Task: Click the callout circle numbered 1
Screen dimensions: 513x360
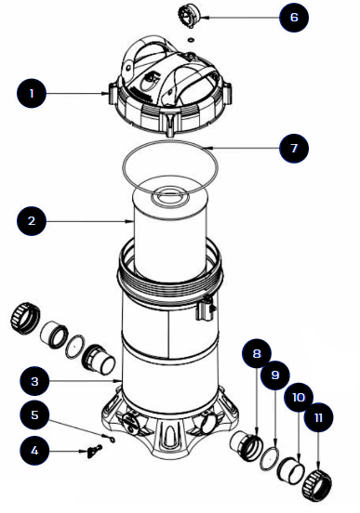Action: [x=33, y=93]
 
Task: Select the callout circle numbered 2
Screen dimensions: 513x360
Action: [x=33, y=221]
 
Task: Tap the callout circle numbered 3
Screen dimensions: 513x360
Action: [x=33, y=381]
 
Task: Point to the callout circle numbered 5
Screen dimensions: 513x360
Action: [x=33, y=415]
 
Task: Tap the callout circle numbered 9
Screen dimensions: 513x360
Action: [x=275, y=376]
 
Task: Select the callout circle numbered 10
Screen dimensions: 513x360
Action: [x=299, y=397]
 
